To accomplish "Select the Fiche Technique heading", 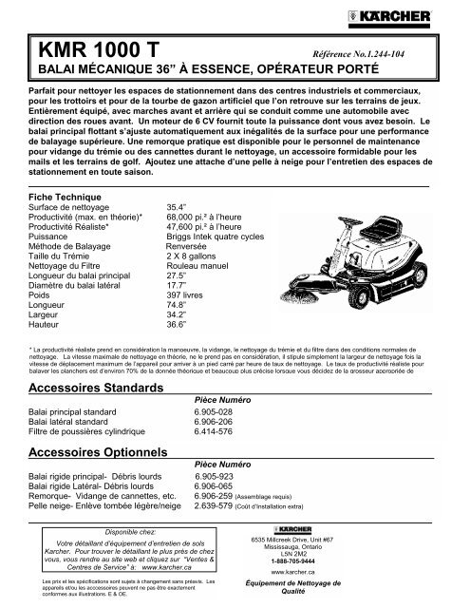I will point(61,194).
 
